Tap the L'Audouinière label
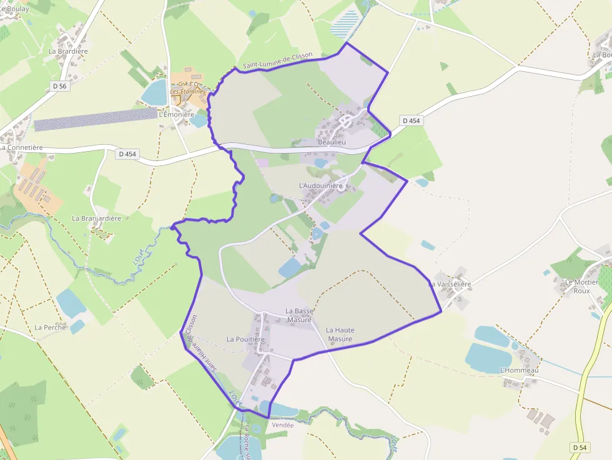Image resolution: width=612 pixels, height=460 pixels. pos(321,185)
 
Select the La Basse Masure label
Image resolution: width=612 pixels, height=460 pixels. pos(299,315)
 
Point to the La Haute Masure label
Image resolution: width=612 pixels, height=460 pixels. pos(340,335)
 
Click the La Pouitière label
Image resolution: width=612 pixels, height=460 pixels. pos(245,340)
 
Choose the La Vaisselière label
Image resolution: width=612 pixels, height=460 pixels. pos(450,284)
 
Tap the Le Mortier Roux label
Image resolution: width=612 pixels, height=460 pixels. pos(581,286)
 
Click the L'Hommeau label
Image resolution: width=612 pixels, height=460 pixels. pos(519,370)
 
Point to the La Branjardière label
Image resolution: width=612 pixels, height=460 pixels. pos(96,218)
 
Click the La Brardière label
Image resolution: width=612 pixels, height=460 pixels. pos(68,51)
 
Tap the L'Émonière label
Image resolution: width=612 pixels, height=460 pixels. pos(177,115)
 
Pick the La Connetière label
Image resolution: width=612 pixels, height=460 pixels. pos(22,147)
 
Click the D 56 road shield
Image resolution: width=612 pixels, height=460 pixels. pos(59,86)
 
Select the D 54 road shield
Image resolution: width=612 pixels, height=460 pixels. pos(580,448)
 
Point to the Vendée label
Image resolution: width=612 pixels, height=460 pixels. pos(283,424)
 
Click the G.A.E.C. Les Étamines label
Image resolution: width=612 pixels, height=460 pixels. pos(188,88)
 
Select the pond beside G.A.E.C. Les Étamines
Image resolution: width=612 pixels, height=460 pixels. pos(154,92)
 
